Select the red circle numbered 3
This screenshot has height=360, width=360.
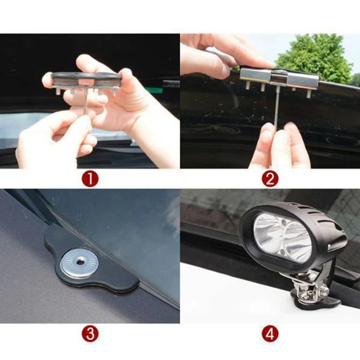(x=90, y=334)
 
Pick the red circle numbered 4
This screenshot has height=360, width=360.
(x=270, y=334)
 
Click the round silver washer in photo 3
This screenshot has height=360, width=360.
(x=79, y=264)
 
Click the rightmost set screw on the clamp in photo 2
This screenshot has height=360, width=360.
(x=309, y=93)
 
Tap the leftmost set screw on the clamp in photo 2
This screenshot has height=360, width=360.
(x=248, y=85)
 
